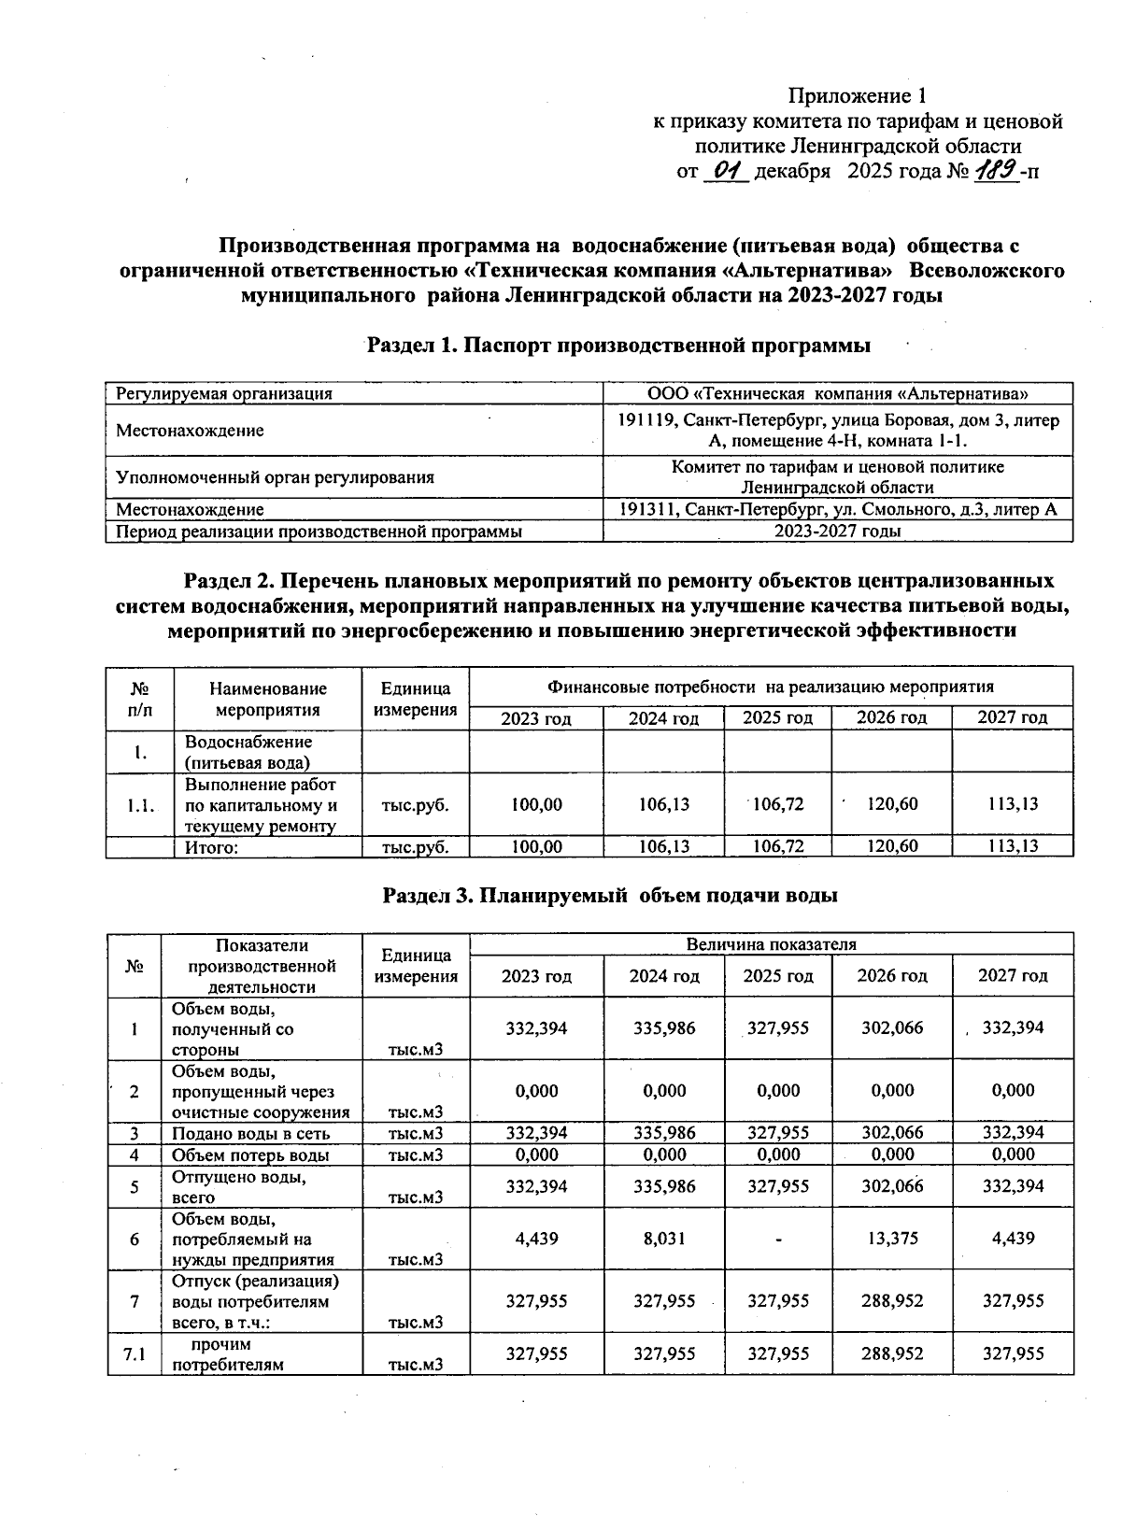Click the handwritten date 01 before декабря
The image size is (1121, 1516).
pyautogui.click(x=726, y=171)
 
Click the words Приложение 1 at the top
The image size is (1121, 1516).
pyautogui.click(x=857, y=96)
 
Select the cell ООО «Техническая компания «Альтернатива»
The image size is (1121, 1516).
pyautogui.click(x=838, y=393)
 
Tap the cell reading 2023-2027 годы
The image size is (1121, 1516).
pyautogui.click(x=838, y=531)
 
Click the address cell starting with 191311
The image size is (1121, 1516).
pyautogui.click(x=838, y=509)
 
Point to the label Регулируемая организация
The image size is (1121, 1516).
pyautogui.click(x=224, y=393)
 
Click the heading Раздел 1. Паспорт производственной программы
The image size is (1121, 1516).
pyautogui.click(x=618, y=346)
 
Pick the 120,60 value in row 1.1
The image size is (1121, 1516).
pyautogui.click(x=892, y=803)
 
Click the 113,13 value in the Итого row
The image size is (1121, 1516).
pyautogui.click(x=1013, y=846)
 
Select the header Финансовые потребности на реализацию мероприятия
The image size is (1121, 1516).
pyautogui.click(x=770, y=687)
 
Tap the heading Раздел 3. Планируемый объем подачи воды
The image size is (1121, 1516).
pyautogui.click(x=611, y=895)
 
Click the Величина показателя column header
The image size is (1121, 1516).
pyautogui.click(x=771, y=943)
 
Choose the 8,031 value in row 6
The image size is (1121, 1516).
pyautogui.click(x=664, y=1239)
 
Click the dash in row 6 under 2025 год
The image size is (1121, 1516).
pyautogui.click(x=778, y=1240)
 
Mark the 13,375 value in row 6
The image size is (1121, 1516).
pyautogui.click(x=892, y=1239)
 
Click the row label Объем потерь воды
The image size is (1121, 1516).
pyautogui.click(x=250, y=1155)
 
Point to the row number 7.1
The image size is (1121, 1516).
pyautogui.click(x=135, y=1353)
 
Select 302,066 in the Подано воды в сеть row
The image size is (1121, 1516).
pyautogui.click(x=892, y=1133)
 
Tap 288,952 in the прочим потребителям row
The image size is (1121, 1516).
pyautogui.click(x=892, y=1353)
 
